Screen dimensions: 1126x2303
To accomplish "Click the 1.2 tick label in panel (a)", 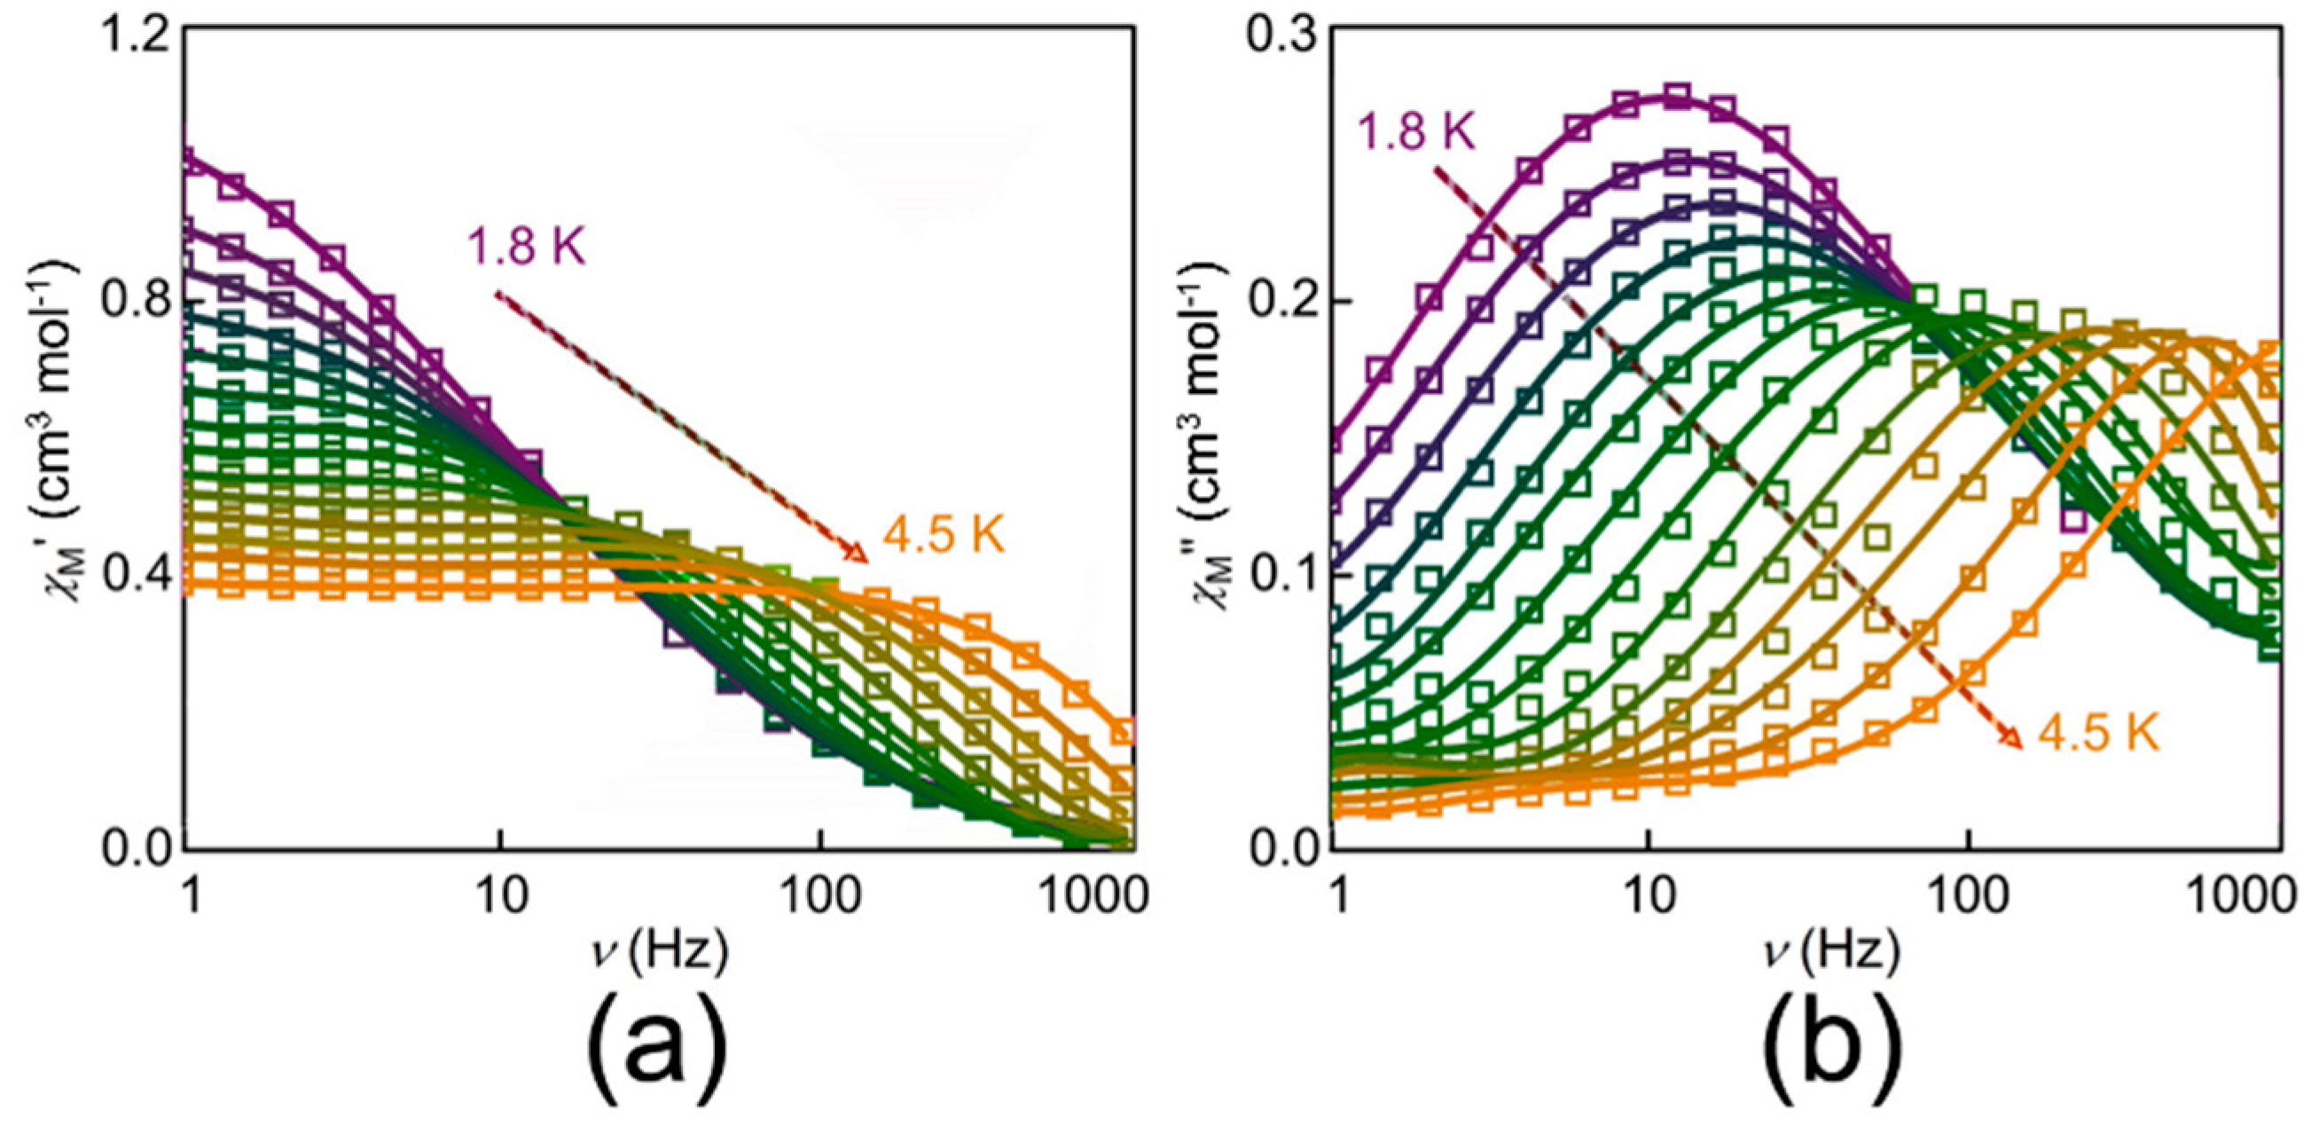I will click(134, 34).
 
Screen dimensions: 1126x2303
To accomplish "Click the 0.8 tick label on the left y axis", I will click(134, 308).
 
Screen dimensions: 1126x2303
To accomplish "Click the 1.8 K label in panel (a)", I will click(527, 246).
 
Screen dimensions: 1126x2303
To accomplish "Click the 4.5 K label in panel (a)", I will click(944, 537).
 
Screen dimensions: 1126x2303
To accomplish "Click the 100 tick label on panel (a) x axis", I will click(819, 897).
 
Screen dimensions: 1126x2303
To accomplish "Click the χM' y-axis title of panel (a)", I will click(59, 429).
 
